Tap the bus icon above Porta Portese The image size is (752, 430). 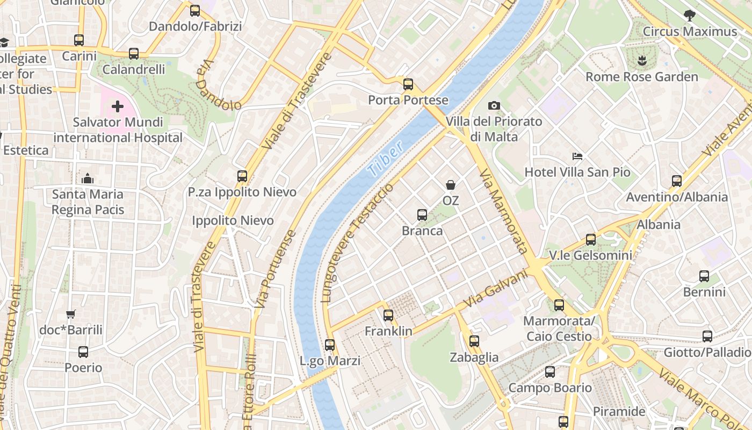408,84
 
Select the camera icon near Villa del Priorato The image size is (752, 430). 494,106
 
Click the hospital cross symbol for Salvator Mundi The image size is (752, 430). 117,106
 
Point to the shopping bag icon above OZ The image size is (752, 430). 451,185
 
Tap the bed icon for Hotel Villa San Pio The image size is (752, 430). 577,156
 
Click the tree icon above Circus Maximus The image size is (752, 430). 690,16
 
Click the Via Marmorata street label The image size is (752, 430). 503,211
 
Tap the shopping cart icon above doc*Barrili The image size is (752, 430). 70,314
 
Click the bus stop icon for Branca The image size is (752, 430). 422,215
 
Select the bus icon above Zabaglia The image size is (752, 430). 474,341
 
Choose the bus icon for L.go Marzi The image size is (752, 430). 330,345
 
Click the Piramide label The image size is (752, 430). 619,412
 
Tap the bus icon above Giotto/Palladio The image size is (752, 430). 707,336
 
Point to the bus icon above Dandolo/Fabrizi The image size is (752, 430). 195,10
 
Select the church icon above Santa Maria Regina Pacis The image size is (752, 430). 88,178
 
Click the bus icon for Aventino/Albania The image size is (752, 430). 677,181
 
